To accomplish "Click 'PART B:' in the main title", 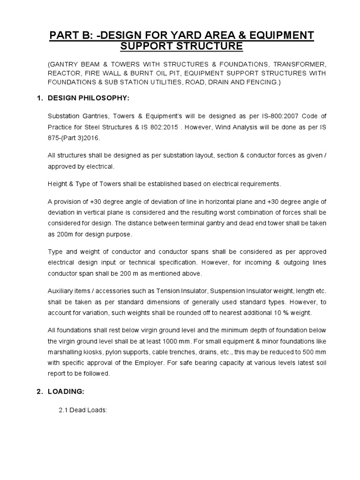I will point(71,35).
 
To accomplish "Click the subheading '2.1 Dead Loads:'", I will point(83,409).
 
